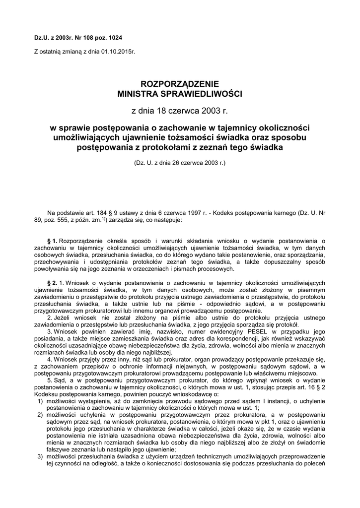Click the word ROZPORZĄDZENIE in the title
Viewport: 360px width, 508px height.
pos(180,84)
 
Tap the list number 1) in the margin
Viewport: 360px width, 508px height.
pos(40,401)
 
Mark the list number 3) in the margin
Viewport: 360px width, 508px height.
pos(40,456)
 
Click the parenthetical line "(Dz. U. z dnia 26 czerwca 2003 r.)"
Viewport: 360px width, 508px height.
pos(180,162)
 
